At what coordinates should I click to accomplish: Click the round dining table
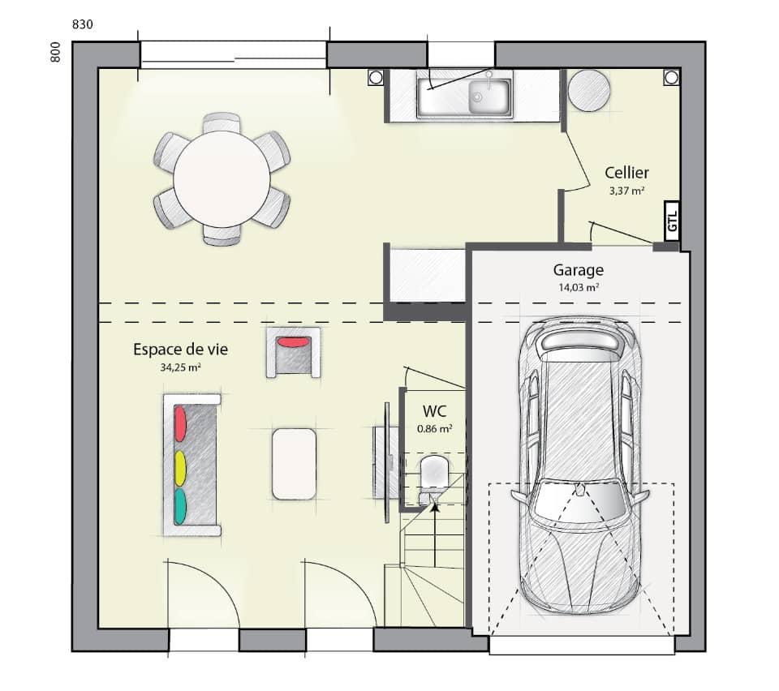click(222, 178)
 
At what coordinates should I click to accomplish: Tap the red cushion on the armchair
click(293, 342)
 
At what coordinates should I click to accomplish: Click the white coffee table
click(294, 464)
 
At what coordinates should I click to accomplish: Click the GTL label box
click(672, 221)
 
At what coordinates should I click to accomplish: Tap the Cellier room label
click(626, 173)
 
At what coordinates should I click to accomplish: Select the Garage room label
click(579, 271)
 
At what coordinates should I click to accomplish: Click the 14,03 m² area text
click(579, 288)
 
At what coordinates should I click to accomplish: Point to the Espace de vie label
click(180, 350)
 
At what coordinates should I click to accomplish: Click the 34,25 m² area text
click(180, 367)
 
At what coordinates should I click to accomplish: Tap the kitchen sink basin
click(488, 96)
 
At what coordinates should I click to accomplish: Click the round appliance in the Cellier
click(588, 90)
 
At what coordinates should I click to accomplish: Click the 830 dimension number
click(83, 24)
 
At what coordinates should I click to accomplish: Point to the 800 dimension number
click(56, 54)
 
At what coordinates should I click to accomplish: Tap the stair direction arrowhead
click(435, 508)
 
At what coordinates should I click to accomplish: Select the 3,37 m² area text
click(626, 192)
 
